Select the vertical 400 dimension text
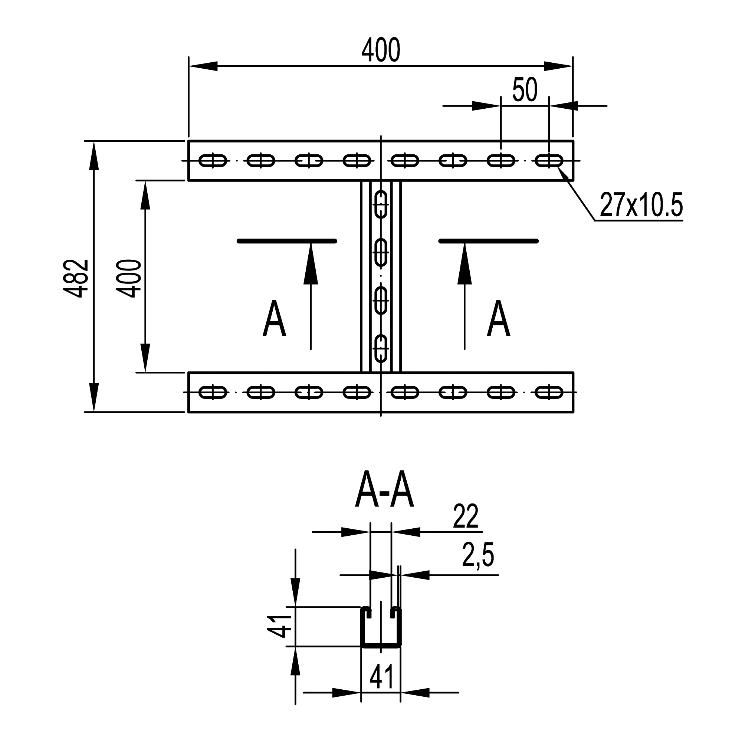pyautogui.click(x=129, y=279)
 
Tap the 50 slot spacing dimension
pyautogui.click(x=525, y=90)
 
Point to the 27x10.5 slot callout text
pyautogui.click(x=641, y=206)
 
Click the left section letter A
pyautogui.click(x=274, y=319)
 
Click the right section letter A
pyautogui.click(x=498, y=319)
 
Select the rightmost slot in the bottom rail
pyautogui.click(x=549, y=393)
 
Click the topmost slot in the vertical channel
pyautogui.click(x=381, y=204)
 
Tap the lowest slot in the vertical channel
pyautogui.click(x=381, y=349)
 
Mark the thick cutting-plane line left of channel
pyautogui.click(x=286, y=241)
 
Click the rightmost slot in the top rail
pyautogui.click(x=549, y=161)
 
